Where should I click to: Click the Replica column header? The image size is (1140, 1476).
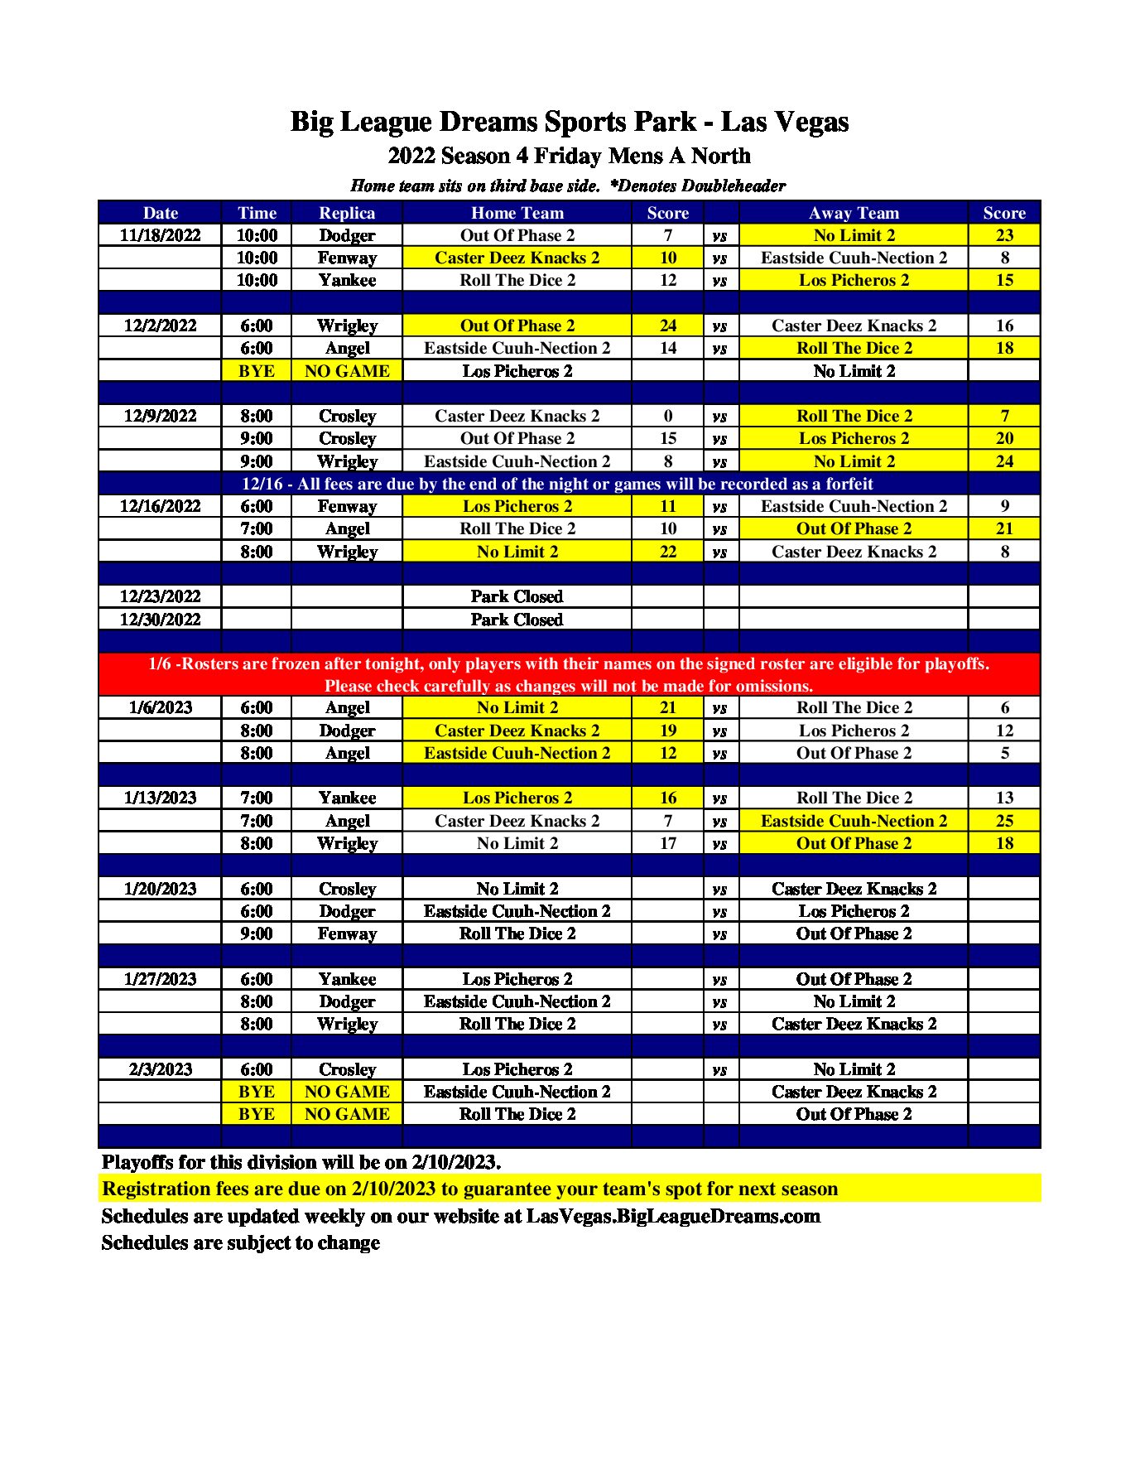point(347,213)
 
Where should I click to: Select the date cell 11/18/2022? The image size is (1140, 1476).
point(160,235)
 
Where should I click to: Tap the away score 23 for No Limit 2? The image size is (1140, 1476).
point(1003,235)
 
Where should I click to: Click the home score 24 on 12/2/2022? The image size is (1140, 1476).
point(667,326)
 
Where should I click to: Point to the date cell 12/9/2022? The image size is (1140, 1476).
point(160,416)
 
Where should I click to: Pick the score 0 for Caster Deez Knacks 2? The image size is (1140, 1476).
point(667,416)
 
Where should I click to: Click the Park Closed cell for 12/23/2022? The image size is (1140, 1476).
point(517,596)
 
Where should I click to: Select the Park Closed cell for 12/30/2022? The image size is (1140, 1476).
point(517,620)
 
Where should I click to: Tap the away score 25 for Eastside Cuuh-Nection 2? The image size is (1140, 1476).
point(1003,821)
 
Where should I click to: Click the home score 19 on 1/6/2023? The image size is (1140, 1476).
point(667,731)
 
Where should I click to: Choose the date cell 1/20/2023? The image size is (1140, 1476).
point(160,889)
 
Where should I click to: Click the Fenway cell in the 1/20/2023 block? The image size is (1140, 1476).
point(347,933)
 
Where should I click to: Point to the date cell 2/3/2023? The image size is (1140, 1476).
point(160,1069)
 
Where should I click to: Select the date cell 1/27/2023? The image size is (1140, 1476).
point(160,979)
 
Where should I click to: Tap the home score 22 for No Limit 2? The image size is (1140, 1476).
point(667,552)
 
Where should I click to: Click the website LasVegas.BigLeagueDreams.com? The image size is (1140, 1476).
point(673,1216)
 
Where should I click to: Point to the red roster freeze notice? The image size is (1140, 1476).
point(569,674)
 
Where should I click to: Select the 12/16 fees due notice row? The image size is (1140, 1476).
point(557,484)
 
